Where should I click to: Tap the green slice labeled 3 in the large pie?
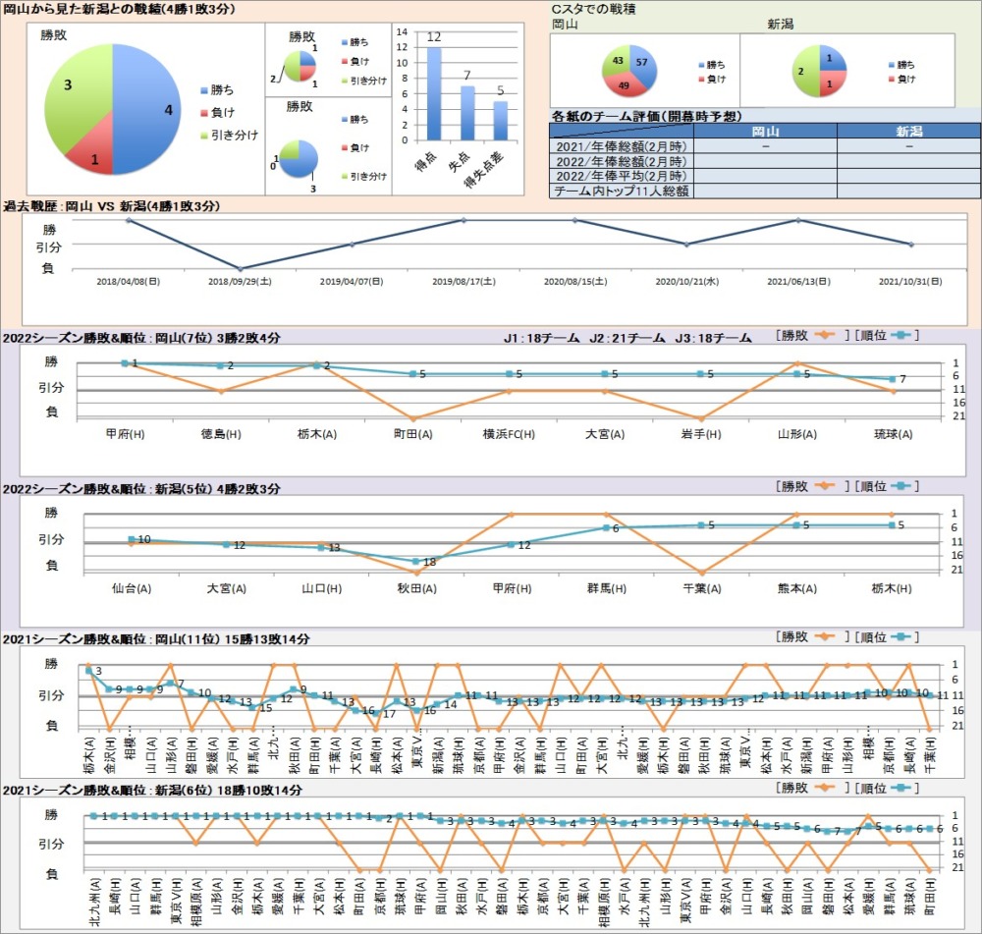pyautogui.click(x=74, y=93)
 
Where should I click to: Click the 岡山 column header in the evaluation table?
pyautogui.click(x=765, y=131)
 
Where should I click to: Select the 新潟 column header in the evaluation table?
pyautogui.click(x=909, y=131)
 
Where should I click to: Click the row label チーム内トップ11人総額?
pyautogui.click(x=621, y=192)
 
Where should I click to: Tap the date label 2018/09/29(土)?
pyautogui.click(x=240, y=281)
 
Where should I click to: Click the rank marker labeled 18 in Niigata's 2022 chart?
pyautogui.click(x=416, y=561)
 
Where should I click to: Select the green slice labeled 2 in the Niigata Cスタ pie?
pyautogui.click(x=806, y=73)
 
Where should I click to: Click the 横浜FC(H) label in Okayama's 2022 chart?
pyautogui.click(x=509, y=433)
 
